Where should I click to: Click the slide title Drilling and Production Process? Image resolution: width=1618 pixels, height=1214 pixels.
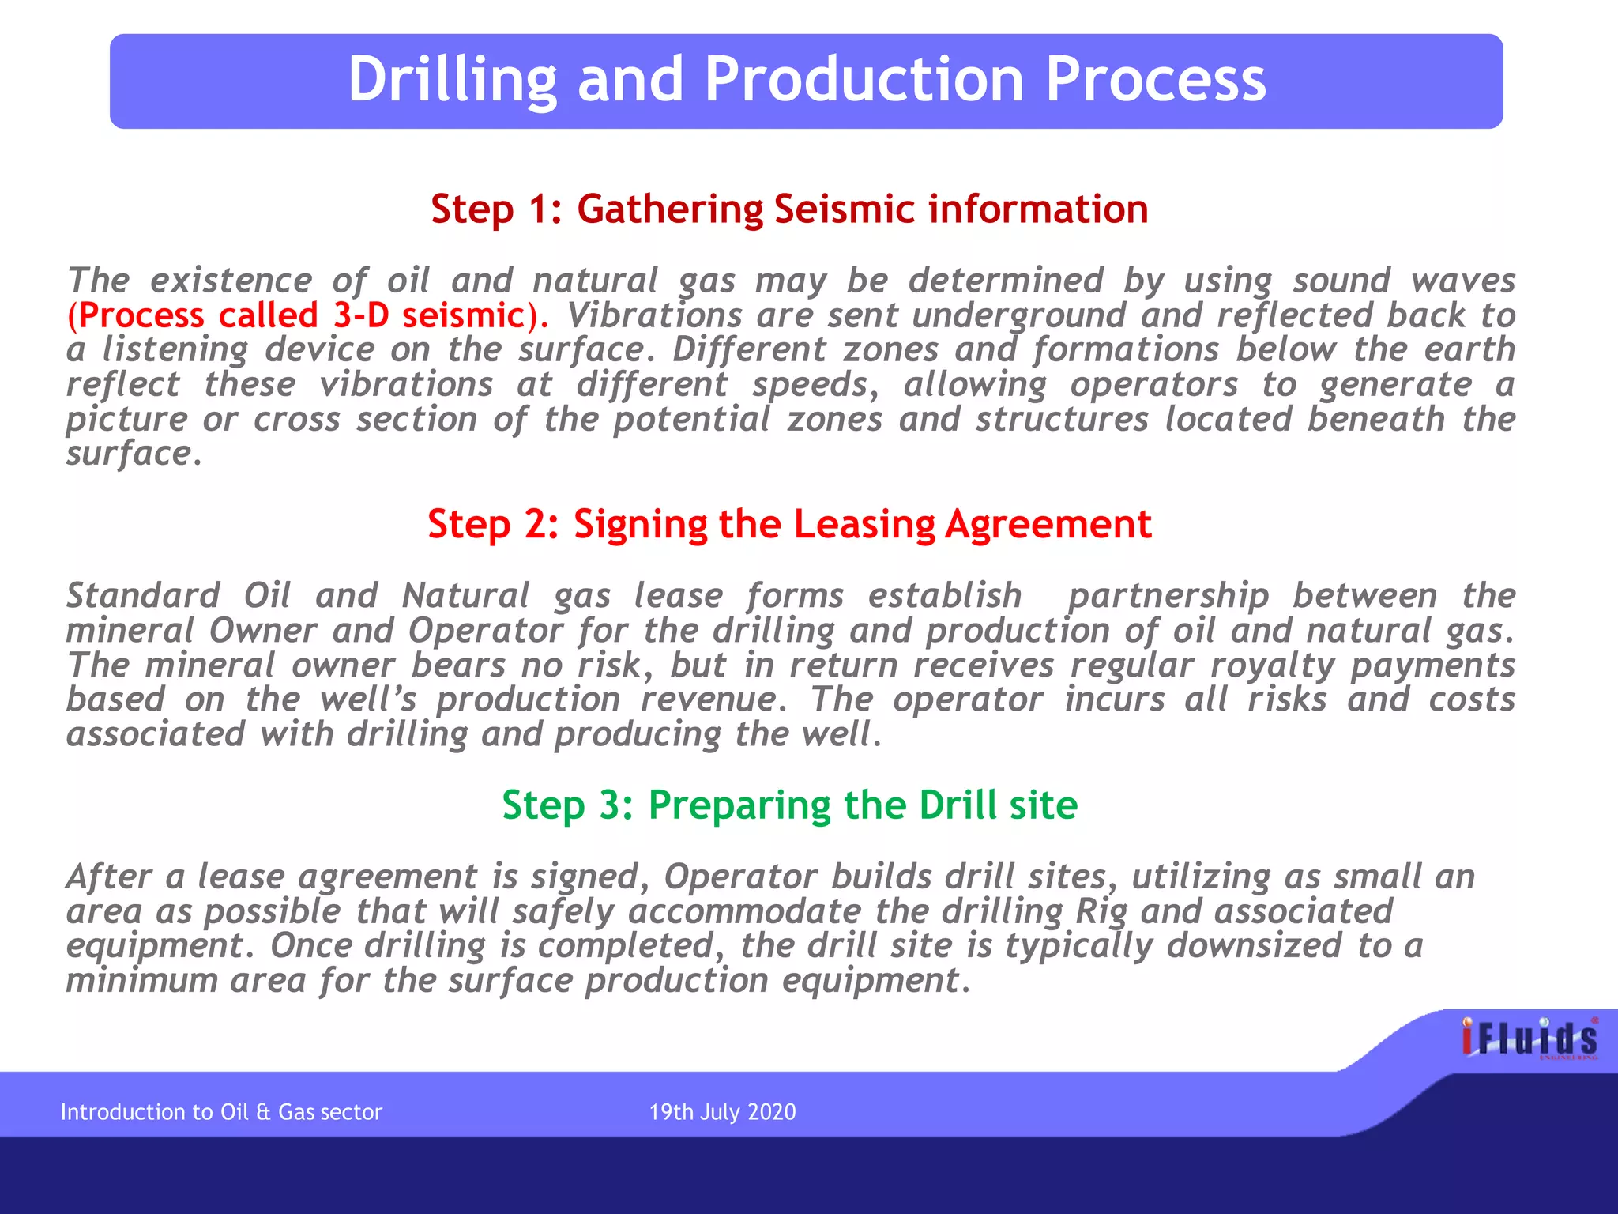click(x=806, y=80)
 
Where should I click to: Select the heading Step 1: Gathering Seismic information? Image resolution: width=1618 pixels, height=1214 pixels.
click(x=788, y=209)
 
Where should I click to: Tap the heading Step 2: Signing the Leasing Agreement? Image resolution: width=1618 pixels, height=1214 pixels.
click(x=788, y=524)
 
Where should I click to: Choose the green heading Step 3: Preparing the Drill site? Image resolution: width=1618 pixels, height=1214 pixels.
click(x=788, y=805)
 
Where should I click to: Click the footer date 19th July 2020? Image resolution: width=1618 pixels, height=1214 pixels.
click(x=722, y=1112)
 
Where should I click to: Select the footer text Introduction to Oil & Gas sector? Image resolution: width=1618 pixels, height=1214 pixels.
click(x=221, y=1112)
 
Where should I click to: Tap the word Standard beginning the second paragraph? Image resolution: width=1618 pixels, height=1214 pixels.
click(x=143, y=596)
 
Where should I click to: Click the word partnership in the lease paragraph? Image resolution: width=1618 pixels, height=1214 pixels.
click(x=1168, y=596)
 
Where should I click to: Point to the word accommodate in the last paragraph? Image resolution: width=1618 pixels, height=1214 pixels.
click(x=744, y=911)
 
